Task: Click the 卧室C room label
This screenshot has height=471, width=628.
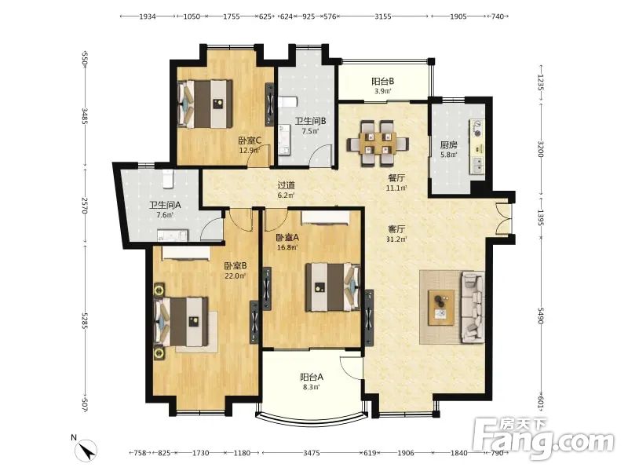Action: pyautogui.click(x=250, y=141)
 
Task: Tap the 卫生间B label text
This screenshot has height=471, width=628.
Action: pyautogui.click(x=310, y=121)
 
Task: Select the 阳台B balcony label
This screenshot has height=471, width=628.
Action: pyautogui.click(x=382, y=82)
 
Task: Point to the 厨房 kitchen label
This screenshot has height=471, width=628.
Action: pyautogui.click(x=448, y=145)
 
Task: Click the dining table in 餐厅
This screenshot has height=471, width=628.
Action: pyautogui.click(x=378, y=144)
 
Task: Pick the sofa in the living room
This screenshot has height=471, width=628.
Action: pyautogui.click(x=473, y=307)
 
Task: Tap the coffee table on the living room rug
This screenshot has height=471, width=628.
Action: pyautogui.click(x=441, y=308)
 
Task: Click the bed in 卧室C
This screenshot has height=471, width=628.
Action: pyautogui.click(x=205, y=104)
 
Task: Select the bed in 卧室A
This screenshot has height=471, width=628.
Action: pyautogui.click(x=333, y=287)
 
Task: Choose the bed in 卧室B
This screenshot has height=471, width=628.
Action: pyautogui.click(x=181, y=322)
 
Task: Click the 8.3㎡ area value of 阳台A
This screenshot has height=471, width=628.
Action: pyautogui.click(x=311, y=387)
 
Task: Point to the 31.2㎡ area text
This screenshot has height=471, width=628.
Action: pyautogui.click(x=397, y=239)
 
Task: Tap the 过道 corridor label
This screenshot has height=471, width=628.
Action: pyautogui.click(x=287, y=185)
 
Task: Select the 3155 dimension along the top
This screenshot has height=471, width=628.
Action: pyautogui.click(x=383, y=16)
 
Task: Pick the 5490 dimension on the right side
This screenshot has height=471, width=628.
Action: pyautogui.click(x=541, y=316)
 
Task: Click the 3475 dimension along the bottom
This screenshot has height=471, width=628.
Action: pyautogui.click(x=311, y=453)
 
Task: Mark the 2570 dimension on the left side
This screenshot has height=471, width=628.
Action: pyautogui.click(x=84, y=205)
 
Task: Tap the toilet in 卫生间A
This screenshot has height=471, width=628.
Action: pyautogui.click(x=168, y=179)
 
